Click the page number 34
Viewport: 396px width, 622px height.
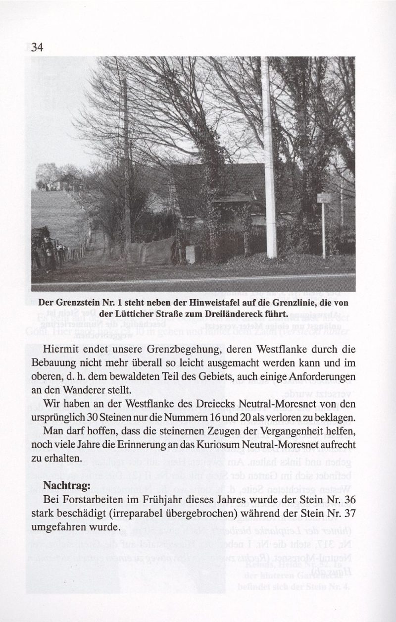tap(38, 48)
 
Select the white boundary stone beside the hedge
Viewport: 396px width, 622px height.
tap(191, 254)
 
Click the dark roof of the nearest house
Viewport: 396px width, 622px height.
tap(223, 183)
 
